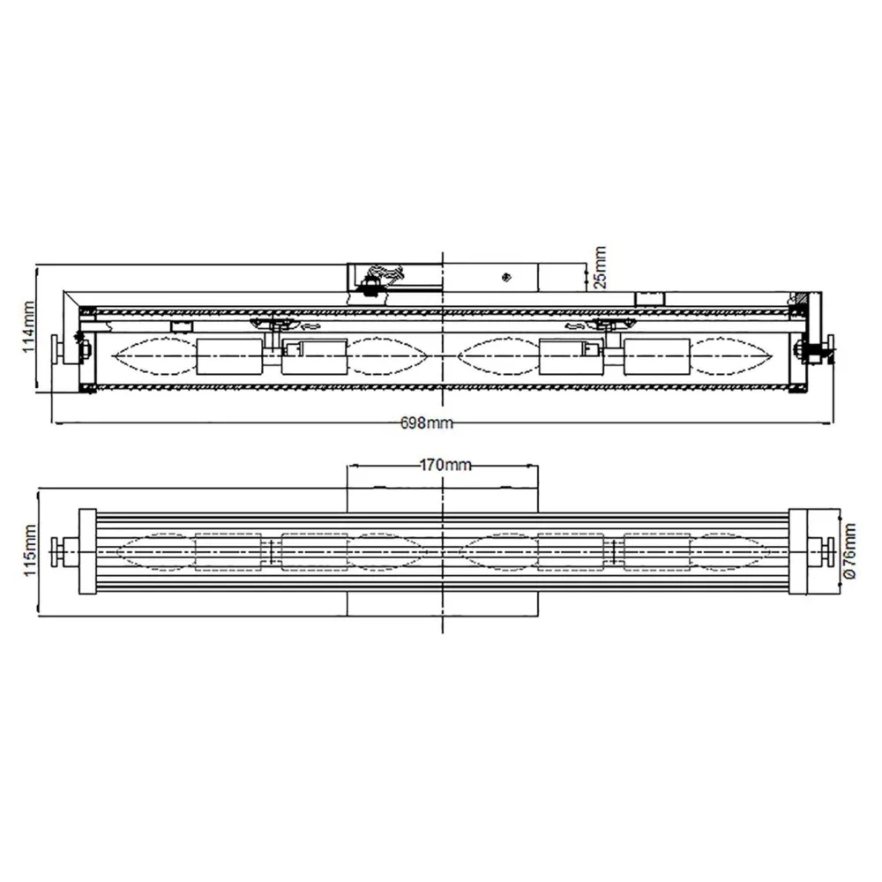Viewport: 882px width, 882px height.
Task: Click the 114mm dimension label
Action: (28, 327)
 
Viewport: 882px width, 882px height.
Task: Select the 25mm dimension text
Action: (600, 267)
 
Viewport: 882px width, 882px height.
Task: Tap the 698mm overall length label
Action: (426, 422)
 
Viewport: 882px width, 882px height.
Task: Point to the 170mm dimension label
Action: (445, 465)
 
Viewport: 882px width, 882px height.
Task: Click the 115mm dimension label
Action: (30, 550)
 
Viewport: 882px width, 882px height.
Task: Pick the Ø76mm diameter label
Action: (849, 550)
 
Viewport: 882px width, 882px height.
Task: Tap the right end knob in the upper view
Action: (830, 350)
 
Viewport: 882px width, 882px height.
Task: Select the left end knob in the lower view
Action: (58, 551)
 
